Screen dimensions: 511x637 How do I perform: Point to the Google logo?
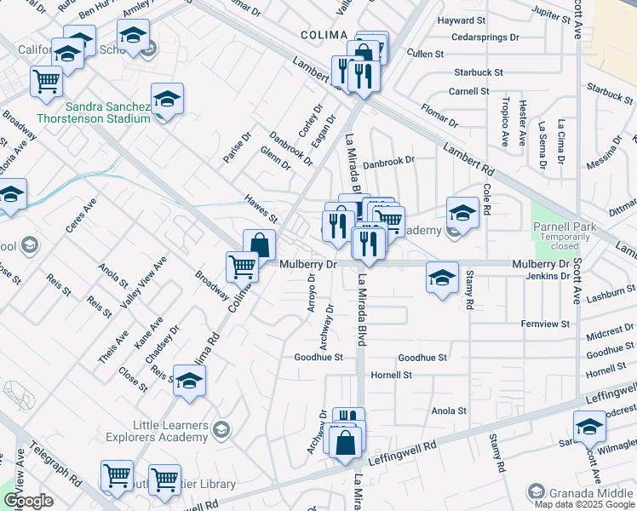pos(27,502)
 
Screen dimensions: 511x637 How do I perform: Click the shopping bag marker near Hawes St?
pos(260,245)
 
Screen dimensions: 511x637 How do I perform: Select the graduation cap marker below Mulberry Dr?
pos(442,278)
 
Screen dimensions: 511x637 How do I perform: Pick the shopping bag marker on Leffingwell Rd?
pos(345,443)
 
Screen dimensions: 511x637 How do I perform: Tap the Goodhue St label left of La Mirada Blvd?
pos(318,358)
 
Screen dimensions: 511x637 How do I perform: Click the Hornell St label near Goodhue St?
pos(391,375)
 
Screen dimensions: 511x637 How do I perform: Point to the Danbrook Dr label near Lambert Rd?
pos(387,160)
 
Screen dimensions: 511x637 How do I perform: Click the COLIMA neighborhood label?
pos(324,35)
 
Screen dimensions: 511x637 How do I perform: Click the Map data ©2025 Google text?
pos(583,504)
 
